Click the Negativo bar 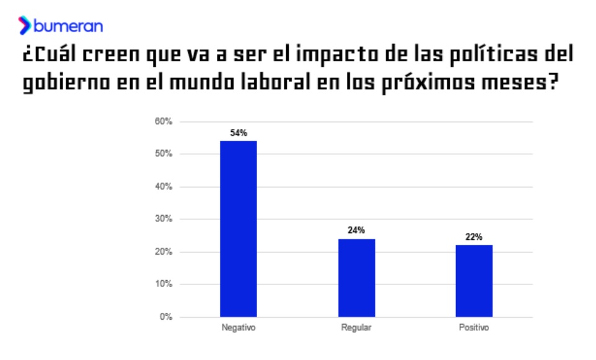coord(239,229)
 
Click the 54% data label coord(239,133)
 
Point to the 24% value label coord(356,230)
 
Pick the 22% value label coord(474,237)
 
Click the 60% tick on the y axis coord(163,121)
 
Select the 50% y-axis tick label coord(163,154)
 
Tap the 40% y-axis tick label coord(163,187)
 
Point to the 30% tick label coord(163,219)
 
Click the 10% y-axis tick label coord(163,284)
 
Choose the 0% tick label coord(165,317)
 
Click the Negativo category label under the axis coord(239,328)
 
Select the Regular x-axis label coord(356,328)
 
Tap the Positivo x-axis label coord(474,328)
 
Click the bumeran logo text coord(68,26)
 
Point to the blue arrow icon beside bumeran coord(25,25)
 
